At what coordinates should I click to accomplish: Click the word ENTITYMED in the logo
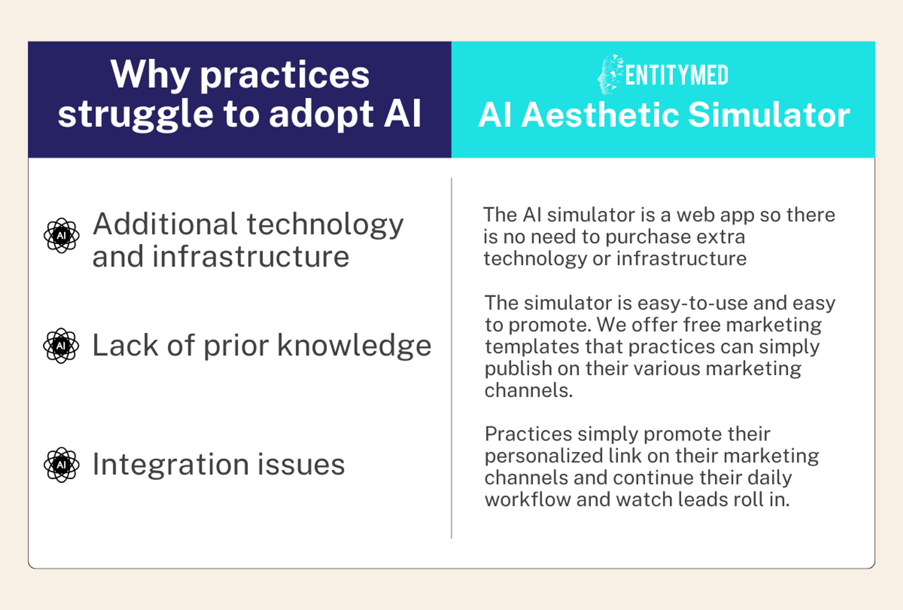[677, 75]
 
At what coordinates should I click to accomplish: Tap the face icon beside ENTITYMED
[610, 75]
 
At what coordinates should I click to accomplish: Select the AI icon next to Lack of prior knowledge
[61, 346]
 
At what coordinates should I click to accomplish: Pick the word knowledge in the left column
[354, 346]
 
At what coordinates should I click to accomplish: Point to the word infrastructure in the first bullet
[251, 257]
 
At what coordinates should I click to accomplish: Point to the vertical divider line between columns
[451, 358]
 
